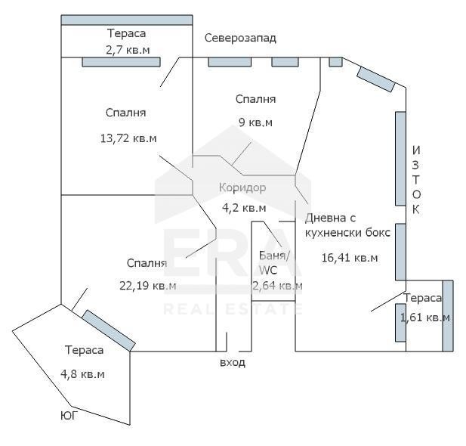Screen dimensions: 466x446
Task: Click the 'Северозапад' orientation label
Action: click(240, 38)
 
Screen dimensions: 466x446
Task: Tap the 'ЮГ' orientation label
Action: click(69, 416)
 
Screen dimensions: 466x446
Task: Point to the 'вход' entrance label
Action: click(233, 363)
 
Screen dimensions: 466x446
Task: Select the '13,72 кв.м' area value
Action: click(128, 138)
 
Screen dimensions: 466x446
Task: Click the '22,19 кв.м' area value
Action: click(148, 286)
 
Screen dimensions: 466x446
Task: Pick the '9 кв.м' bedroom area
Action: click(255, 122)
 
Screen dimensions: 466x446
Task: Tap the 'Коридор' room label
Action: click(242, 187)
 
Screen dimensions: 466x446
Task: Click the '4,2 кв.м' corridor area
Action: click(244, 208)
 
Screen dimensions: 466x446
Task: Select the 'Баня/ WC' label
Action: click(273, 263)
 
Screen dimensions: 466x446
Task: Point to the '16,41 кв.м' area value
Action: click(350, 258)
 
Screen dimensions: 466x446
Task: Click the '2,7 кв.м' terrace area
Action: click(128, 50)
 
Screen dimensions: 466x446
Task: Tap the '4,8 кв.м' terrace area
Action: click(82, 374)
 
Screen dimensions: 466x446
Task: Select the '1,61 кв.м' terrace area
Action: click(424, 317)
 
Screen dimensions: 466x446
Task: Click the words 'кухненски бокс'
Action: click(347, 233)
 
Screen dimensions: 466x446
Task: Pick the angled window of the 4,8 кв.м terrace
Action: click(109, 330)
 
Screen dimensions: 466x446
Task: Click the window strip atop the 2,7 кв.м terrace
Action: click(127, 20)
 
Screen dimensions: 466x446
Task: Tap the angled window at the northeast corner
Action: click(376, 79)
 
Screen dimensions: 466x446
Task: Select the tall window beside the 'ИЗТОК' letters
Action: click(400, 159)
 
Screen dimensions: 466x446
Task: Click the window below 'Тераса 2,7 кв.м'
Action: click(122, 62)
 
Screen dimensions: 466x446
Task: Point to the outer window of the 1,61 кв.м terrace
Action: click(448, 316)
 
